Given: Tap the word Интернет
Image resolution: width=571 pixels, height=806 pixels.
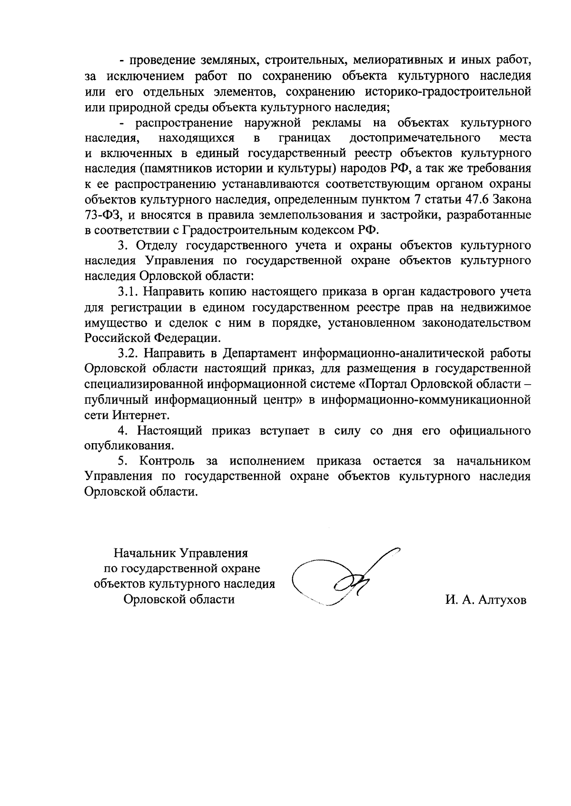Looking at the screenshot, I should click(141, 415).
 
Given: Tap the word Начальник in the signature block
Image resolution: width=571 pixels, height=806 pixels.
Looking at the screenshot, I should click(145, 554).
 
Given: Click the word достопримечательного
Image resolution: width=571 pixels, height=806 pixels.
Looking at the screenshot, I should click(414, 138).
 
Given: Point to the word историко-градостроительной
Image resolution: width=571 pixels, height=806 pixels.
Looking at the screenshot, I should click(449, 91).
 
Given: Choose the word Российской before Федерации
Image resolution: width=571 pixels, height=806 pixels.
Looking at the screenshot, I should click(117, 338).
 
